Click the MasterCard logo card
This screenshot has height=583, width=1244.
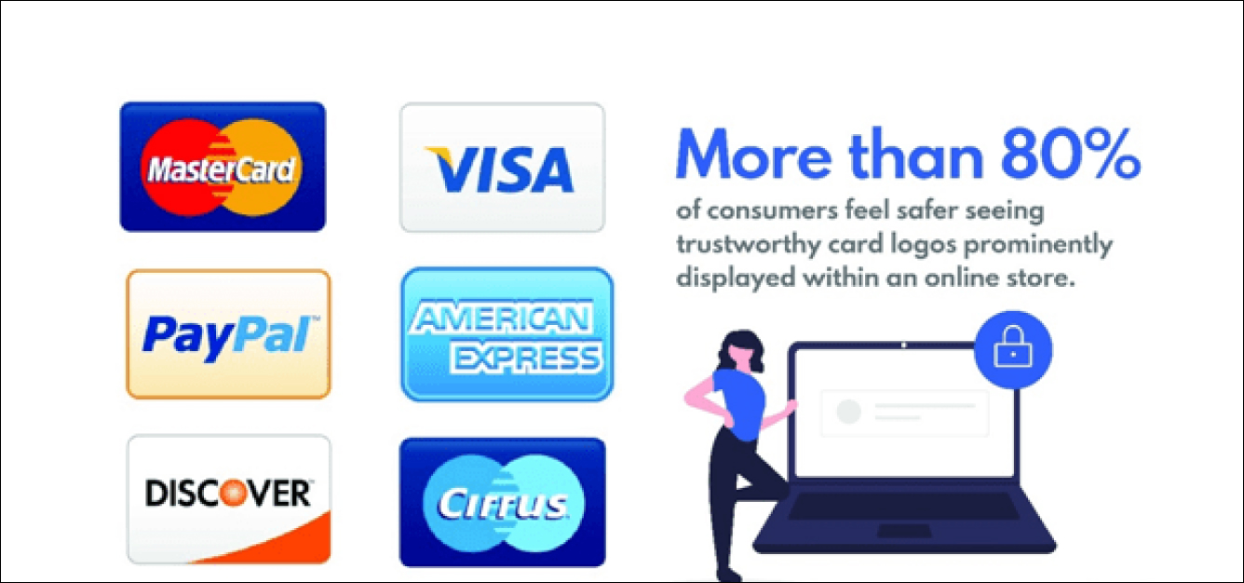click(x=223, y=167)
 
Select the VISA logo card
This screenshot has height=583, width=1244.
click(x=502, y=167)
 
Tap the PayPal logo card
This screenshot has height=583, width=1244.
click(x=228, y=334)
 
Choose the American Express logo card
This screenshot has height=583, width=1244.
click(x=507, y=334)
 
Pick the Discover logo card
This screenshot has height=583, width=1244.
click(x=229, y=499)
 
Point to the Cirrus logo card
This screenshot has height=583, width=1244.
click(x=502, y=503)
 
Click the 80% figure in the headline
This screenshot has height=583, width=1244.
click(x=1071, y=155)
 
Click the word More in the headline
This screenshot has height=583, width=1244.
click(x=753, y=155)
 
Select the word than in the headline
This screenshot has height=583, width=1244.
click(x=916, y=154)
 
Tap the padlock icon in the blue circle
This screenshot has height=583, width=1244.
click(x=1013, y=347)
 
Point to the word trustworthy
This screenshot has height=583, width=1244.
click(x=748, y=245)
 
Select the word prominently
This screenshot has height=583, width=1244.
click(x=1038, y=245)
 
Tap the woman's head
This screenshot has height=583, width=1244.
click(x=741, y=351)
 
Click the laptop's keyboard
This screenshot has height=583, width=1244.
click(x=903, y=507)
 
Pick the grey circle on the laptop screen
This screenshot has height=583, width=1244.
click(x=848, y=412)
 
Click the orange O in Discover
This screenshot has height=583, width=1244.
click(x=229, y=493)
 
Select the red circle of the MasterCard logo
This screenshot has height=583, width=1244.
click(x=181, y=168)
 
